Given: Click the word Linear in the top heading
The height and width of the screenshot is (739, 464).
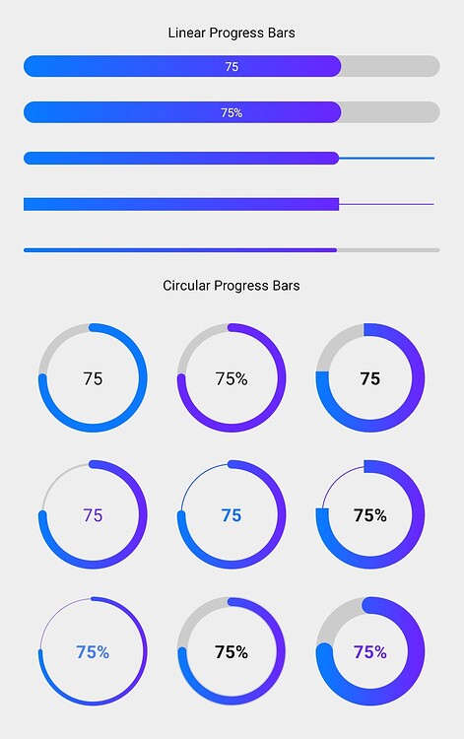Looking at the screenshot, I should (x=187, y=34).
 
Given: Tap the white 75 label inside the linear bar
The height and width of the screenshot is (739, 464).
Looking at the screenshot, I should (x=232, y=67).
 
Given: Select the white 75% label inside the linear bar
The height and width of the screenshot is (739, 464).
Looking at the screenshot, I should (x=232, y=113).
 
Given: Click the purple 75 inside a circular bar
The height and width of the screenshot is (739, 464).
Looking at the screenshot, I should (x=93, y=515).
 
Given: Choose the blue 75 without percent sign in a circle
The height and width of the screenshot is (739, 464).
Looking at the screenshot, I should (x=232, y=515).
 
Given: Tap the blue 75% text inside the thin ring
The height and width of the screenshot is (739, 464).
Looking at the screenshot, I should (x=93, y=652).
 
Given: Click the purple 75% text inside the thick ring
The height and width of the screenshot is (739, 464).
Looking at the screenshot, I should (x=369, y=652).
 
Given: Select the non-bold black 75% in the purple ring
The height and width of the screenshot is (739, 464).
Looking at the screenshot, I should (x=232, y=378).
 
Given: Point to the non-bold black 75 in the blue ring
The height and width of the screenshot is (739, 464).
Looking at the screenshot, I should (x=93, y=378).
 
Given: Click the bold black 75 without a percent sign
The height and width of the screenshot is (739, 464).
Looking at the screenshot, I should (x=369, y=378).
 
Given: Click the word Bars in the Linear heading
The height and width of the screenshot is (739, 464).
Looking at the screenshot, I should (x=279, y=34).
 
